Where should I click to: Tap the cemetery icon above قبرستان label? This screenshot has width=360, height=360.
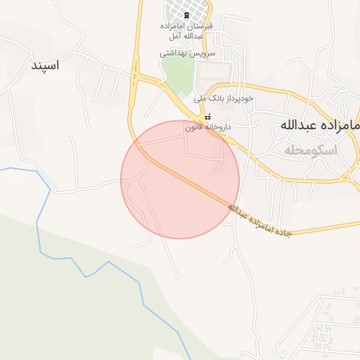pyautogui.click(x=186, y=15)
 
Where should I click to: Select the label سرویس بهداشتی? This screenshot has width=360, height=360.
pyautogui.click(x=187, y=53)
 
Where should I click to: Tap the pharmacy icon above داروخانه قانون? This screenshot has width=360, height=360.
pyautogui.click(x=206, y=117)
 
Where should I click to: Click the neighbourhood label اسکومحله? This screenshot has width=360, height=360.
pyautogui.click(x=311, y=150)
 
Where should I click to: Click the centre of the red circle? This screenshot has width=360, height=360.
pyautogui.click(x=180, y=180)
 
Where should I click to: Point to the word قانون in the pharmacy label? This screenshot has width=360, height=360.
pyautogui.click(x=194, y=128)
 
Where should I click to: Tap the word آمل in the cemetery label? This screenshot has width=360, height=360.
pyautogui.click(x=174, y=35)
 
